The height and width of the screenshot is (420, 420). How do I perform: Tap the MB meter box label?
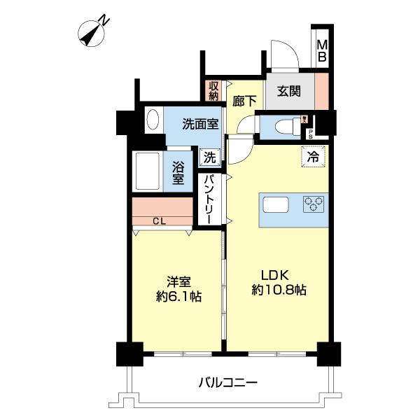coord(322,51)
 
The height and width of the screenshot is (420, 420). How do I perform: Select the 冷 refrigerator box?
coord(312,157)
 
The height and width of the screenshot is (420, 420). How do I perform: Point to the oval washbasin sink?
coord(153,120)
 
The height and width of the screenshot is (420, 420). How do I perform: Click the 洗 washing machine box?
coord(210,157)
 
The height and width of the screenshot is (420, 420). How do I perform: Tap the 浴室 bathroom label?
coord(178,173)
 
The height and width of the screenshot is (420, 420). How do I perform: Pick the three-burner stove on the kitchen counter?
coord(313,204)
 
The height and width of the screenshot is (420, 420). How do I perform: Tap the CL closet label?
coord(160,222)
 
